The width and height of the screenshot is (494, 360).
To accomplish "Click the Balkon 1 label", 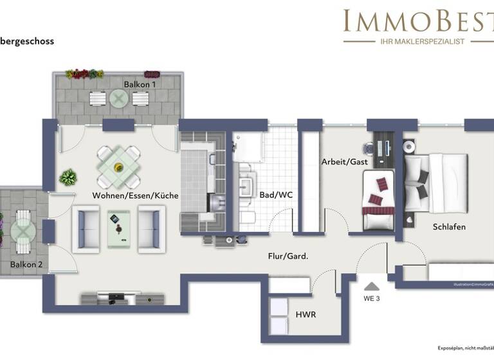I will click(x=140, y=84).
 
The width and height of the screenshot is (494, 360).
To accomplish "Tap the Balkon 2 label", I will click(x=26, y=264).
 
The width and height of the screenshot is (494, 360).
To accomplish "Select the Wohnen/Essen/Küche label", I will click(x=135, y=195).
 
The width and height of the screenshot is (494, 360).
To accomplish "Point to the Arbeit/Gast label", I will click(x=344, y=162).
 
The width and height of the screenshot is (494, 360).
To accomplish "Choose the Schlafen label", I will click(x=449, y=226).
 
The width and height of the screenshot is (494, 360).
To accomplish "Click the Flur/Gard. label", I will click(x=288, y=256).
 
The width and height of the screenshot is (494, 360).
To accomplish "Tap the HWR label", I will click(x=307, y=315).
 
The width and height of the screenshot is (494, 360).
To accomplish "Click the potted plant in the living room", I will click(x=68, y=177).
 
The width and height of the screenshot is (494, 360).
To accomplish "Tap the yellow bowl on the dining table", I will click(x=118, y=167).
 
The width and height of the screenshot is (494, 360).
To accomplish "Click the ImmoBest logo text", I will click(x=418, y=21).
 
